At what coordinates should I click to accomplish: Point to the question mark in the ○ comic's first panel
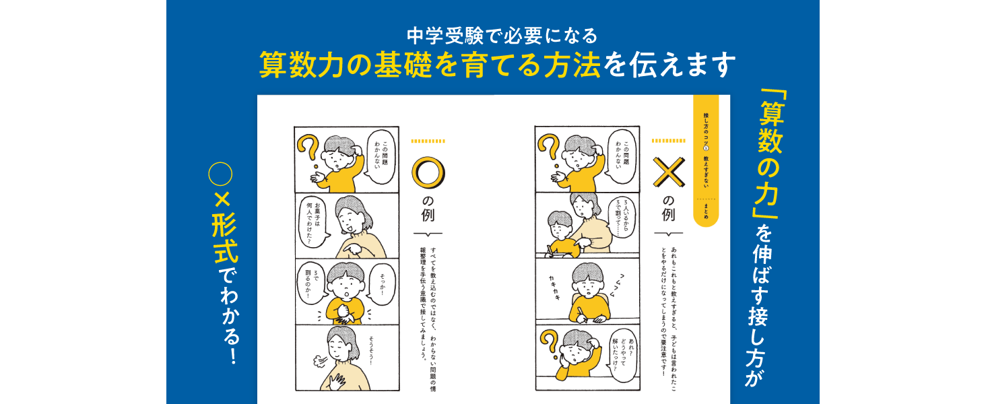point(308,151)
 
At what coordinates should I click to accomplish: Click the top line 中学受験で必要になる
point(493,34)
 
